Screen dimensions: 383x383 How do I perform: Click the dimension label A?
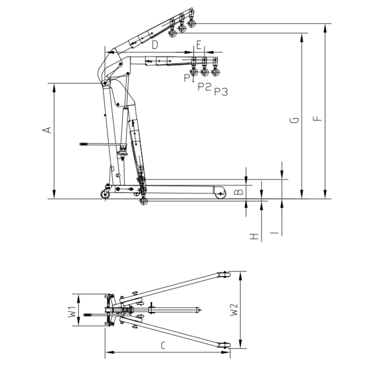[x=47, y=129]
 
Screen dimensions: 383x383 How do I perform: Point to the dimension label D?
[x=155, y=45]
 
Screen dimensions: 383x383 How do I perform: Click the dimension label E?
[x=199, y=45]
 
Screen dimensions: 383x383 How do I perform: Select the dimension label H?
[x=254, y=235]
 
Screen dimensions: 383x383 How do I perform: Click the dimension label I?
[x=274, y=233]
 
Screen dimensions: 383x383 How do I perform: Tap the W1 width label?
[x=71, y=311]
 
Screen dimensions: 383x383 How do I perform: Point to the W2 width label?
[x=232, y=310]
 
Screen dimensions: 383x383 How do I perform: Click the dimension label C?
[x=163, y=345]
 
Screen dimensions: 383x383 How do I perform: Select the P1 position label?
[x=187, y=78]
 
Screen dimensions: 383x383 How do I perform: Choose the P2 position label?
[x=204, y=86]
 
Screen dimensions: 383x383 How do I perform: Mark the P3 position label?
[x=221, y=92]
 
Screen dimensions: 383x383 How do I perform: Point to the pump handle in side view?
[x=90, y=144]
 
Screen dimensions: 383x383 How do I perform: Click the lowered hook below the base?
[x=142, y=203]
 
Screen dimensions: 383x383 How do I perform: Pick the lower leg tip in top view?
[x=225, y=346]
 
